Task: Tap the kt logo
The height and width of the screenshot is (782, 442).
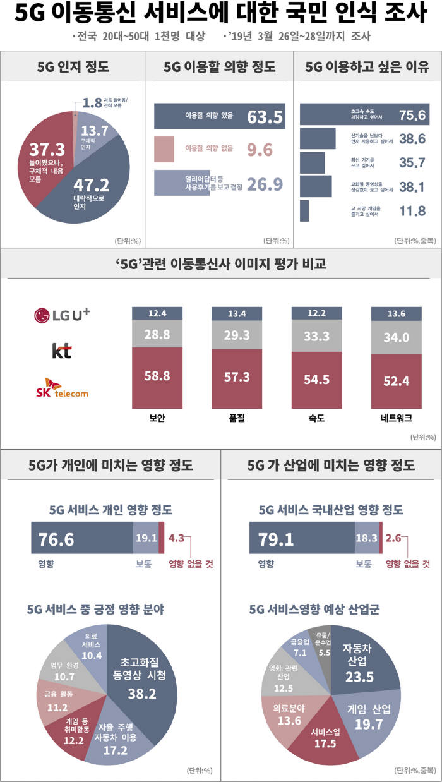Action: (x=61, y=350)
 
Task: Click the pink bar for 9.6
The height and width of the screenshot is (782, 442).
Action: (x=164, y=148)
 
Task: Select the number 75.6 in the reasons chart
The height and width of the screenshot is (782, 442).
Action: (x=413, y=115)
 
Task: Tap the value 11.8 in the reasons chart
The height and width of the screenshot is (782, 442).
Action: (x=413, y=211)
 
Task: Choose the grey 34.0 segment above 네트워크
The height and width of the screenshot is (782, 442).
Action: (x=396, y=338)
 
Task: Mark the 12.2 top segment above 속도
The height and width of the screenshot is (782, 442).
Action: (x=316, y=313)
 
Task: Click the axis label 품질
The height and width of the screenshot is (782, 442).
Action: (x=237, y=418)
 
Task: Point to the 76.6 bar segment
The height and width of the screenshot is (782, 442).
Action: (x=82, y=538)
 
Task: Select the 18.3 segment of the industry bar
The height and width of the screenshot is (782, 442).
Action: (x=367, y=538)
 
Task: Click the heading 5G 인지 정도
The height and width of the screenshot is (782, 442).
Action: (x=74, y=68)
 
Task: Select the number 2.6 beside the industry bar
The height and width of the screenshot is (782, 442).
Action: (x=393, y=538)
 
